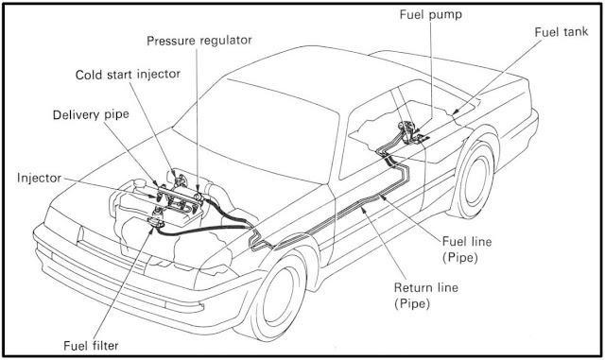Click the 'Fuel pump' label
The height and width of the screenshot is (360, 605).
[431, 15]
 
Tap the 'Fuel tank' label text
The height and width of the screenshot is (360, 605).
[562, 31]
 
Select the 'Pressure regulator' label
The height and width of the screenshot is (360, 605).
[199, 41]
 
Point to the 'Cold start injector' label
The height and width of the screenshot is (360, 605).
[128, 75]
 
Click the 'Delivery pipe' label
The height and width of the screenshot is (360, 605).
[91, 115]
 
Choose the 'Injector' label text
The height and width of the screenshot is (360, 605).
[39, 179]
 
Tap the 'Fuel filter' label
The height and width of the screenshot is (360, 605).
[91, 345]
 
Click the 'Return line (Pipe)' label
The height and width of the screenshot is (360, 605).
[426, 296]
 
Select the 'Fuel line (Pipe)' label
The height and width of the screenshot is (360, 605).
[467, 249]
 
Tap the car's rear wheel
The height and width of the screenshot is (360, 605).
[472, 180]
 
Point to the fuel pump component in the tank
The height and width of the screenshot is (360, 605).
[407, 131]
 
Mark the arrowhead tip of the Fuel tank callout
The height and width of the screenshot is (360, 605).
[453, 114]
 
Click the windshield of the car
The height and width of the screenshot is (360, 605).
[256, 131]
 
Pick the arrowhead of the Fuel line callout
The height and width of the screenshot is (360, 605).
[382, 197]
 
